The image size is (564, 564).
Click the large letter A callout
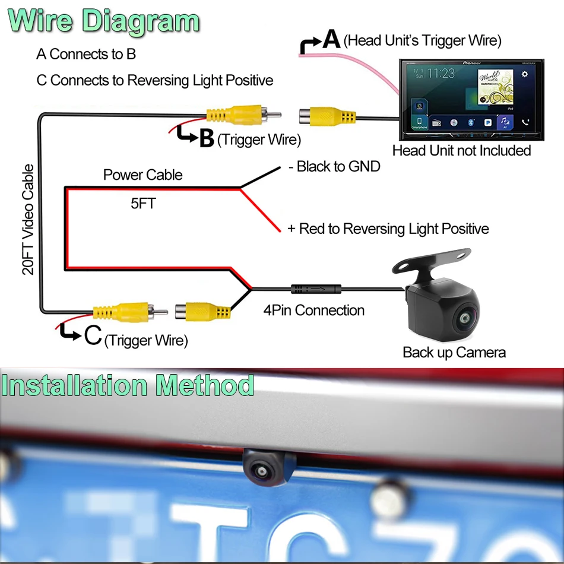pos(331,40)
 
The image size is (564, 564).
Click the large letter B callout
pos(206,138)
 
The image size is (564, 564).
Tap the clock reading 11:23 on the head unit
pos(441,74)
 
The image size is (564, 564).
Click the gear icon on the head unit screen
pos(524,74)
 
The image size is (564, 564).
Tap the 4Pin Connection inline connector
pos(316,290)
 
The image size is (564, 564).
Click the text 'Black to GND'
pos(334,167)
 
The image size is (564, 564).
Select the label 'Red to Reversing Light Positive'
pos(388,229)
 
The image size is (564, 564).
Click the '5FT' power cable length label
pos(143,204)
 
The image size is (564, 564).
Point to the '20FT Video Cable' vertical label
pos(28,220)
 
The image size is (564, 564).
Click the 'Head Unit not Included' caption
pos(461,151)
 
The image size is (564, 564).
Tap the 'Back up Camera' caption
pos(454,353)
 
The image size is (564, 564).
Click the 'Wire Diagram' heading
pos(104,22)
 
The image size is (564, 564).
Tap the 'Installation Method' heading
pos(128,385)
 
